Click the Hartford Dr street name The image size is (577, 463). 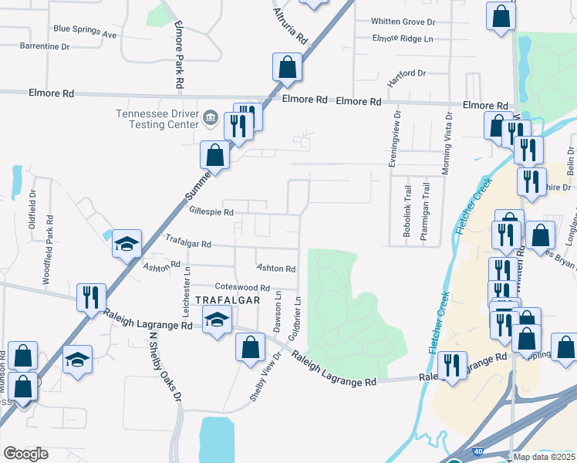[x=407, y=74]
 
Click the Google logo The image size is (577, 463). [x=25, y=454]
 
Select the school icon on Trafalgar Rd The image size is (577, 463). [x=127, y=244]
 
